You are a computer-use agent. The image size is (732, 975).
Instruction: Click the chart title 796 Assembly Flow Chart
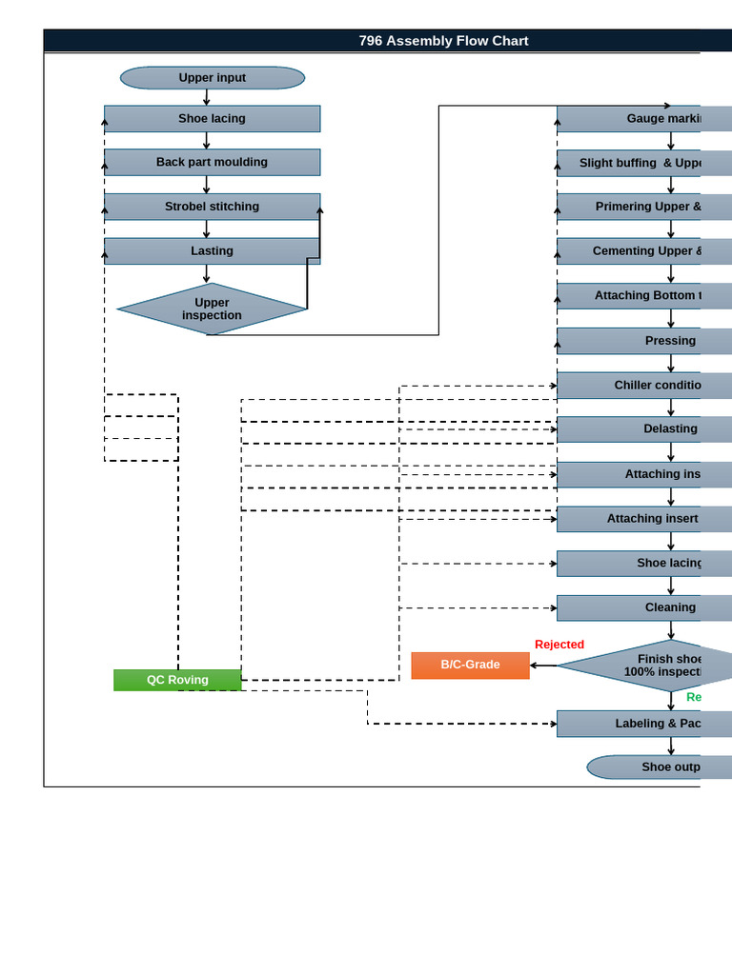pyautogui.click(x=443, y=41)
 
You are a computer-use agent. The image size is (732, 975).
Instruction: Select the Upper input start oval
pyautogui.click(x=212, y=78)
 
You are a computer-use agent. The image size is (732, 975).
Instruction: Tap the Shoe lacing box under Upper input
pyautogui.click(x=212, y=119)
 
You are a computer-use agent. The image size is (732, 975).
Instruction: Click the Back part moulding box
pyautogui.click(x=212, y=162)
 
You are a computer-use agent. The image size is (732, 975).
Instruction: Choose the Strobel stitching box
pyautogui.click(x=212, y=207)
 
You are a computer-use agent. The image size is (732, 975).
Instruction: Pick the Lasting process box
pyautogui.click(x=212, y=251)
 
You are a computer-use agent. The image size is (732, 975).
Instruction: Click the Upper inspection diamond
pyautogui.click(x=212, y=308)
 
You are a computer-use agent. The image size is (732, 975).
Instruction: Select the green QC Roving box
pyautogui.click(x=177, y=680)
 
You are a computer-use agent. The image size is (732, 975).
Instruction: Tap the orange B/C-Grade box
pyautogui.click(x=470, y=665)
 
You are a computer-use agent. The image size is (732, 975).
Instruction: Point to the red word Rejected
pyautogui.click(x=559, y=645)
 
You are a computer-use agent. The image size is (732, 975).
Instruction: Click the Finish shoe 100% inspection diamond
pyautogui.click(x=648, y=665)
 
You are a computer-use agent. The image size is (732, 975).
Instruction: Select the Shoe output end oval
pyautogui.click(x=648, y=767)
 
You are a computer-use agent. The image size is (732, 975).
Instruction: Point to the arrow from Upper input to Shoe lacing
pyautogui.click(x=207, y=97)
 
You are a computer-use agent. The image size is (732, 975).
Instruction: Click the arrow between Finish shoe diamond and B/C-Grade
pyautogui.click(x=543, y=665)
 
